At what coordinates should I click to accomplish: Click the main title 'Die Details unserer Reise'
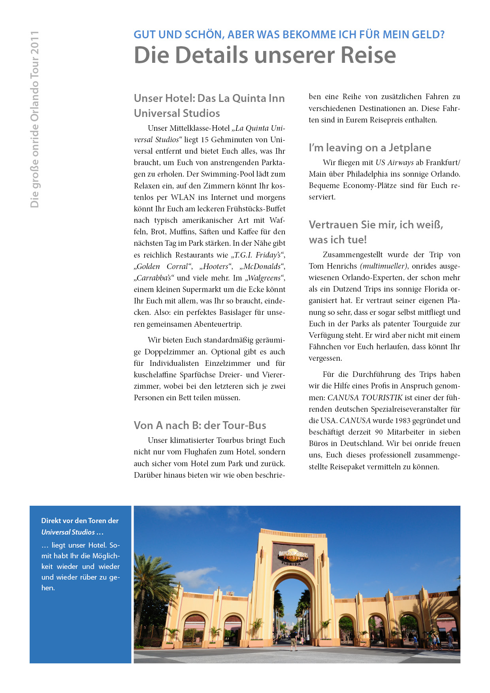pos(265,55)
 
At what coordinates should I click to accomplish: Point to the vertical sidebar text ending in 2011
pos(35,119)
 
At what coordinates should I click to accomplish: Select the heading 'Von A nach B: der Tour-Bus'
pos(200,425)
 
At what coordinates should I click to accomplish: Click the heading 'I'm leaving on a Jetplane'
pos(370,148)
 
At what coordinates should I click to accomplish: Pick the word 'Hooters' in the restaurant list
pos(216,267)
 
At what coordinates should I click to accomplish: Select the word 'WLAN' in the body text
pos(183,198)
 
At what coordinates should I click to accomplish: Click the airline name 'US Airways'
pos(394,163)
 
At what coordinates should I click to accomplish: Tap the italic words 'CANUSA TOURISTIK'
pos(365,398)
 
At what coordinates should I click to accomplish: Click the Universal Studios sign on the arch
pos(292,556)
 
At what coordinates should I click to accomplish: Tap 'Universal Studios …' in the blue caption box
pos(72,532)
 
